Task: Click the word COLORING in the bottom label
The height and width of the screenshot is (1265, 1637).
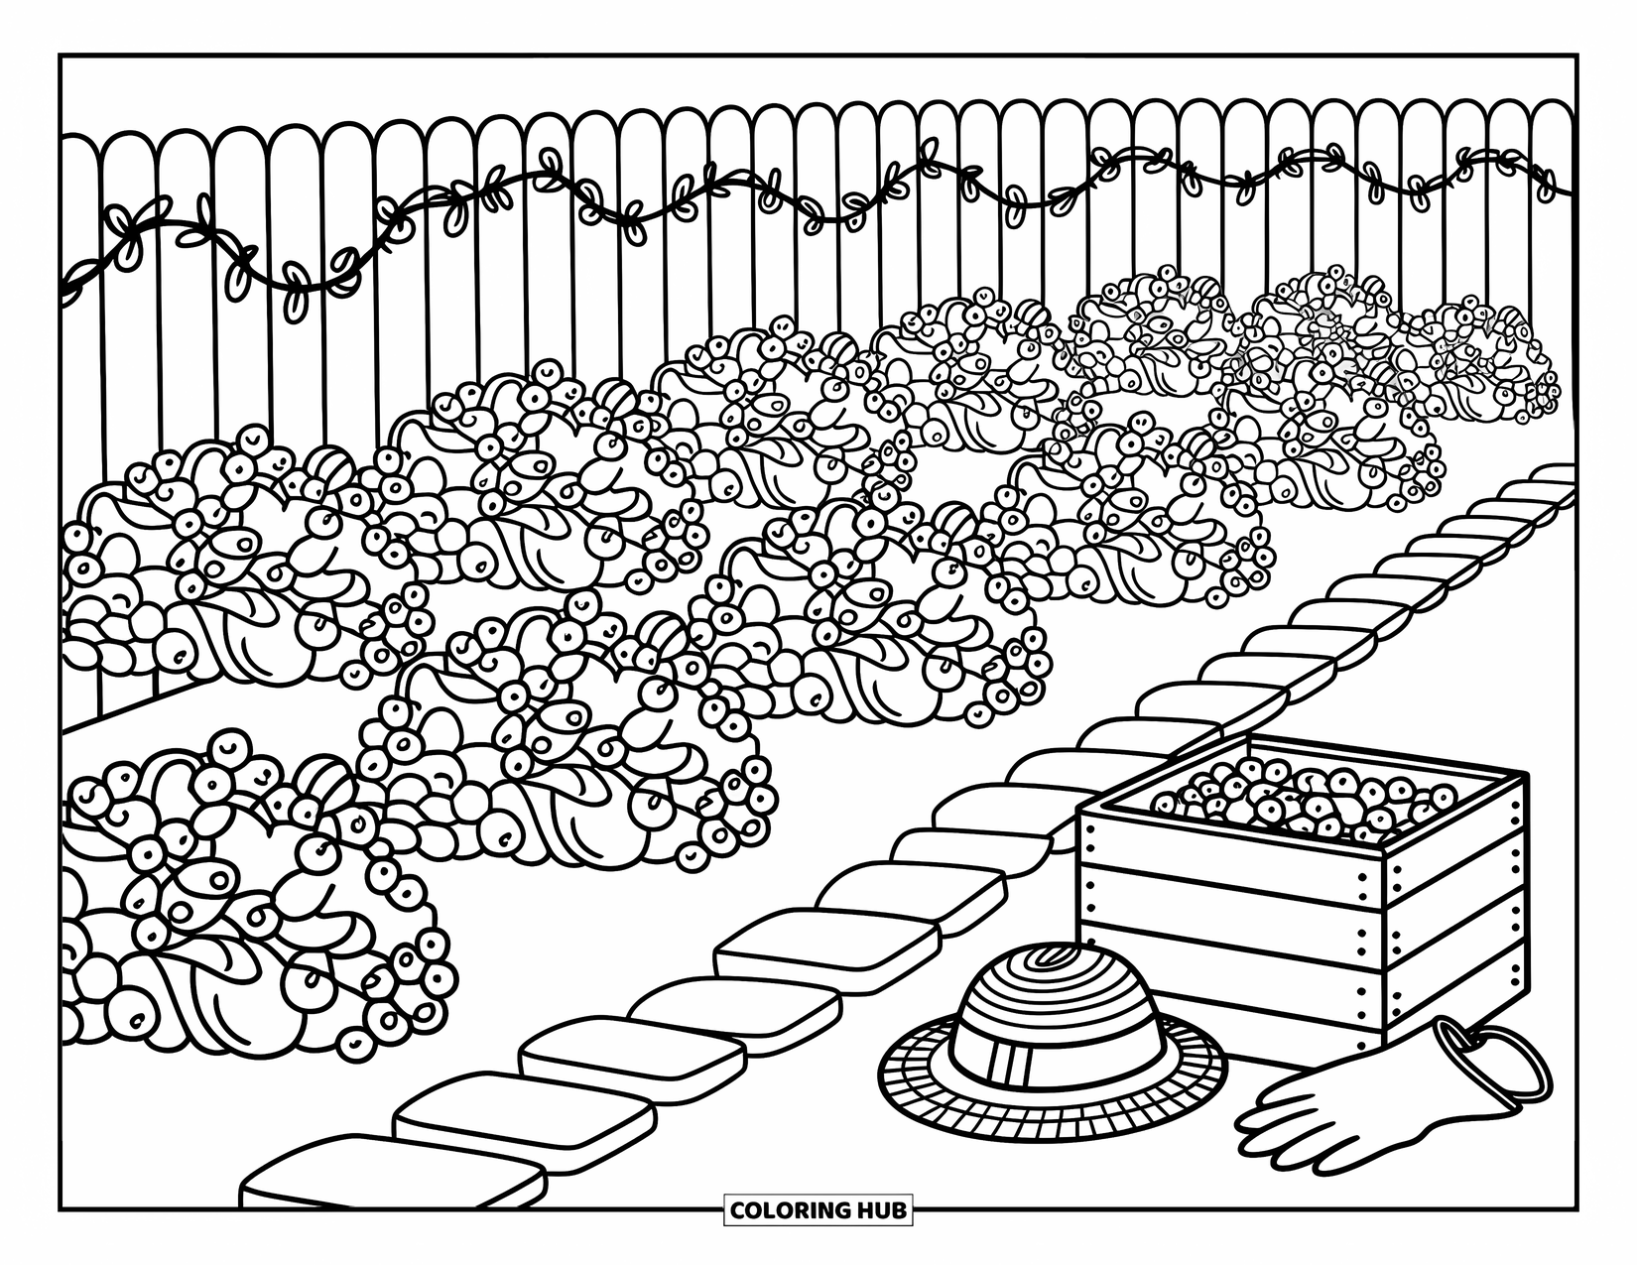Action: [791, 1210]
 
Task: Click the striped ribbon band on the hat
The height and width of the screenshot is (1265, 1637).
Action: [1052, 1053]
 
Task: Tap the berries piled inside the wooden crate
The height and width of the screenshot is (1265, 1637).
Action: [1300, 799]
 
